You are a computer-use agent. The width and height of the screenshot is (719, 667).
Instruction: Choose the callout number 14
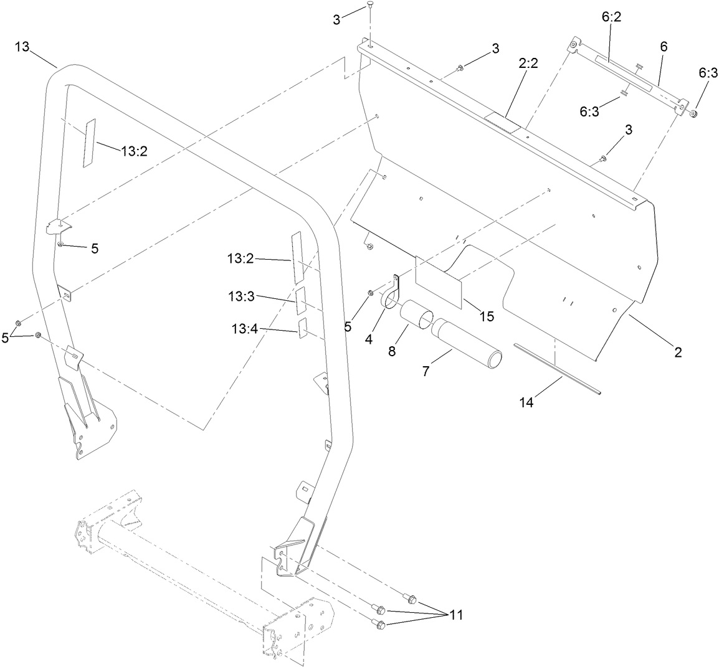(527, 402)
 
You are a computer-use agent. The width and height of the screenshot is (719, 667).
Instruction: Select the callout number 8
(391, 351)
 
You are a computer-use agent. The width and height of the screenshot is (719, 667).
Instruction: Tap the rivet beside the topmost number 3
(370, 6)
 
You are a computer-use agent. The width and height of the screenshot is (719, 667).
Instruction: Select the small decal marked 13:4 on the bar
(303, 328)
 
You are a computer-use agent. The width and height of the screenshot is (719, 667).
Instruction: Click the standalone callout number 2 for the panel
(677, 352)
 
